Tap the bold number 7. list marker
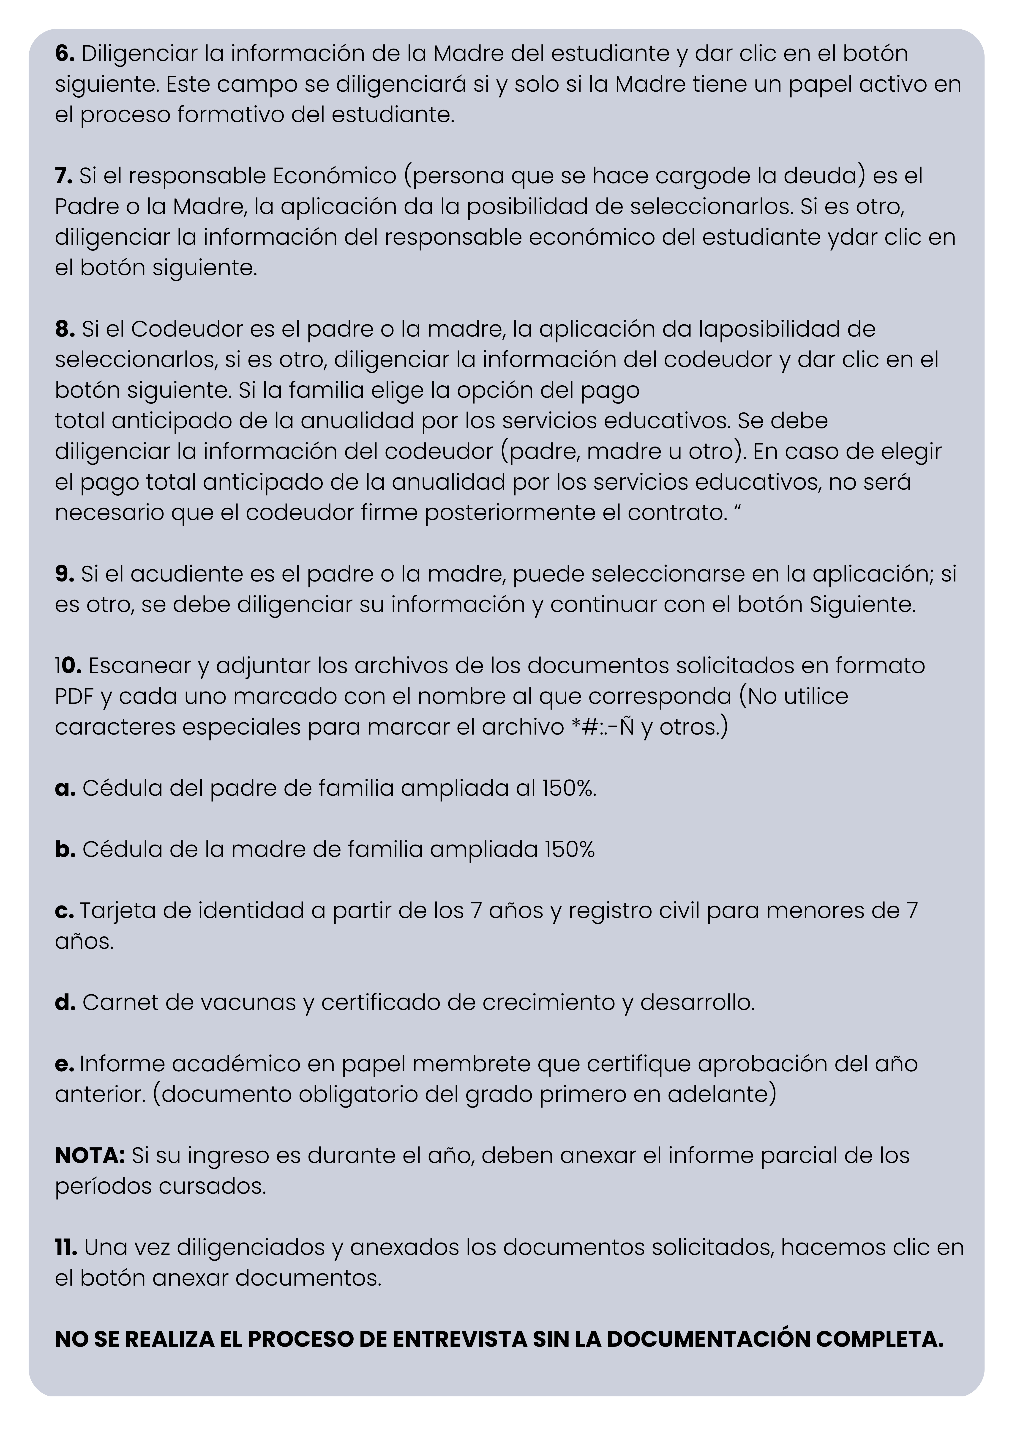pyautogui.click(x=64, y=176)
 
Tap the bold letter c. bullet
pyautogui.click(x=64, y=911)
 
